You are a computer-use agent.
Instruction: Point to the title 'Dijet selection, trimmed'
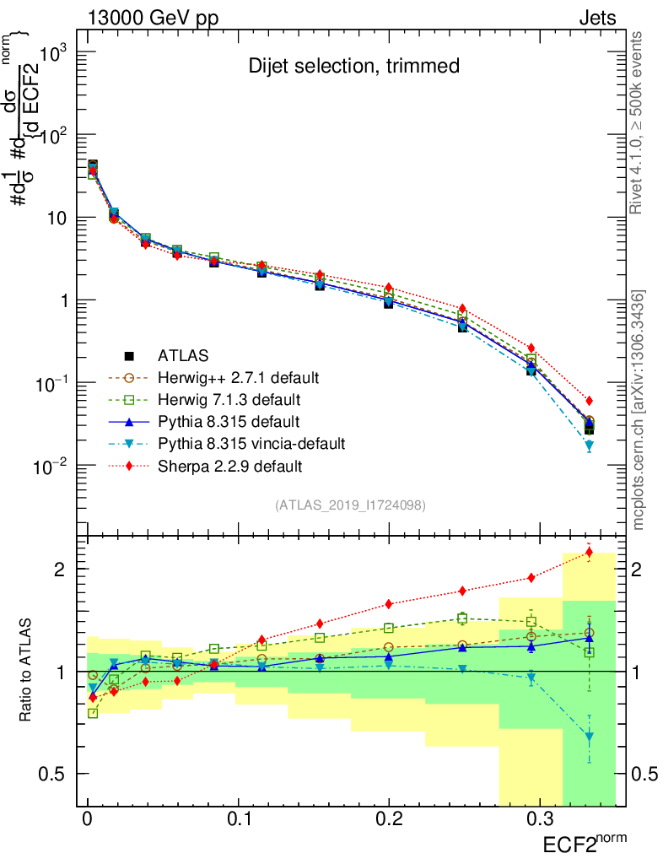tap(353, 66)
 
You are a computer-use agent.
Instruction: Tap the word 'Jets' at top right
tap(597, 19)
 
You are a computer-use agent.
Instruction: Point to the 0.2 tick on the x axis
tap(388, 819)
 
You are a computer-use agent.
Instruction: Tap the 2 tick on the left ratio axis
tap(60, 569)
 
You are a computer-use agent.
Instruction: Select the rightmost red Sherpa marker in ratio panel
tap(589, 553)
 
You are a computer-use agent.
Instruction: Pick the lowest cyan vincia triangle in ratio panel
tap(589, 737)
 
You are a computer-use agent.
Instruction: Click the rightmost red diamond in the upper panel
tap(589, 401)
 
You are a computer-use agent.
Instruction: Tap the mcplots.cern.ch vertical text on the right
tap(639, 409)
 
